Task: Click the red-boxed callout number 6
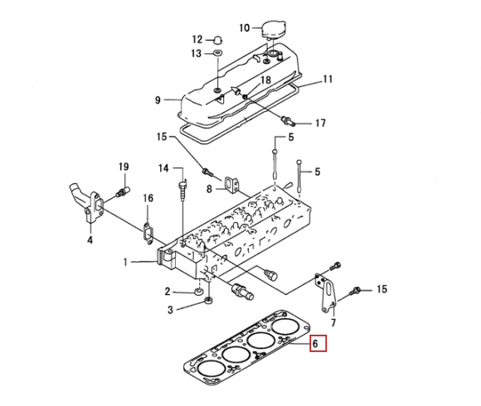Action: (x=318, y=344)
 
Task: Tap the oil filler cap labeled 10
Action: (x=274, y=30)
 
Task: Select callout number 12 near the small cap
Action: (x=198, y=40)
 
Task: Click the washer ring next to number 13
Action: (x=218, y=53)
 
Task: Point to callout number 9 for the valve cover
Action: (x=158, y=100)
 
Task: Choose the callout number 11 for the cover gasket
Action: (x=328, y=79)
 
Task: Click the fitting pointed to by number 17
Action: (x=289, y=121)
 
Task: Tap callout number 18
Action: (x=265, y=80)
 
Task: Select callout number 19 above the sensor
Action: (x=124, y=167)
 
